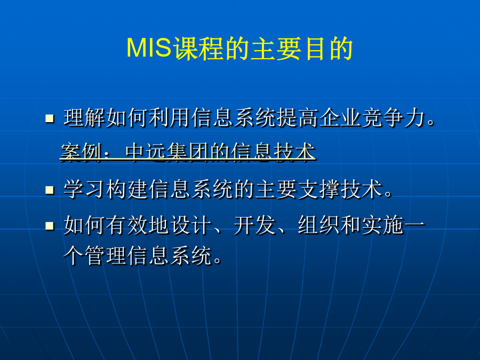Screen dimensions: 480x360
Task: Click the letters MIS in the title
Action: [149, 48]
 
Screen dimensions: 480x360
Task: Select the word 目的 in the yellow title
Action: [329, 49]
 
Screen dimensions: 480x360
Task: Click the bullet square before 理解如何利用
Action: [50, 118]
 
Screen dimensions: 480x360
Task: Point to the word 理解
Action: [85, 117]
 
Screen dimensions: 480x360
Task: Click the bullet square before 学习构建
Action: [50, 190]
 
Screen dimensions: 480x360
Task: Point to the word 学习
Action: [85, 189]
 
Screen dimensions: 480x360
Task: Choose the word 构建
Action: [127, 189]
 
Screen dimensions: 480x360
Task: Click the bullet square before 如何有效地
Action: [50, 226]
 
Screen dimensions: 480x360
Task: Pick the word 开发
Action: [255, 225]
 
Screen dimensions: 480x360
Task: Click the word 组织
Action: [319, 225]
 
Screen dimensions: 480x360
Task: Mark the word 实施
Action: [383, 225]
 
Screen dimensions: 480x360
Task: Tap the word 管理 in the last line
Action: [106, 255]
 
